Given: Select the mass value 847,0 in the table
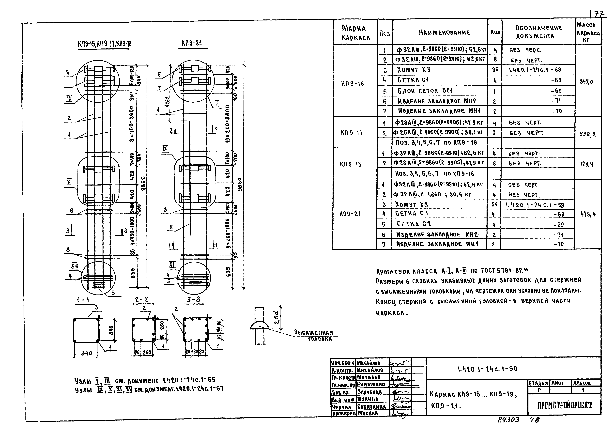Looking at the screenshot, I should pyautogui.click(x=586, y=82).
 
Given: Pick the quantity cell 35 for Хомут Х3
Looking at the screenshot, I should pyautogui.click(x=495, y=70).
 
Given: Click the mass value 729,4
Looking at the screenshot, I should pyautogui.click(x=586, y=164).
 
